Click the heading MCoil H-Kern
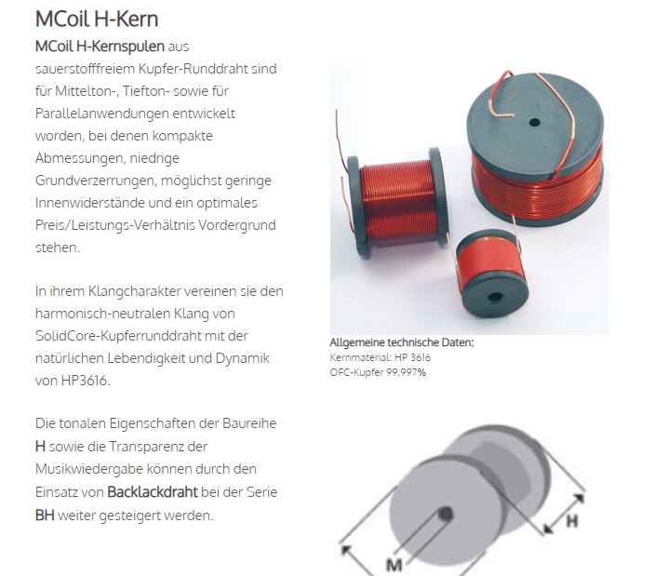97,20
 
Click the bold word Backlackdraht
153,491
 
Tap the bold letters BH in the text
45,516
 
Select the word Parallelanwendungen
102,114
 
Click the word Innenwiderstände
90,203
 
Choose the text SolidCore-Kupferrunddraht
118,336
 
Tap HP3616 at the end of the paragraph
86,381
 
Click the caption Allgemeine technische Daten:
402,342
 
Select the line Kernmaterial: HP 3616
380,357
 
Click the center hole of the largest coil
534,123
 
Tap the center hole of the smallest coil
495,297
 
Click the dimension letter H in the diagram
572,520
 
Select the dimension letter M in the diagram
394,565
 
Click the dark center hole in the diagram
446,514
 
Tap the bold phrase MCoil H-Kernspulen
100,47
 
